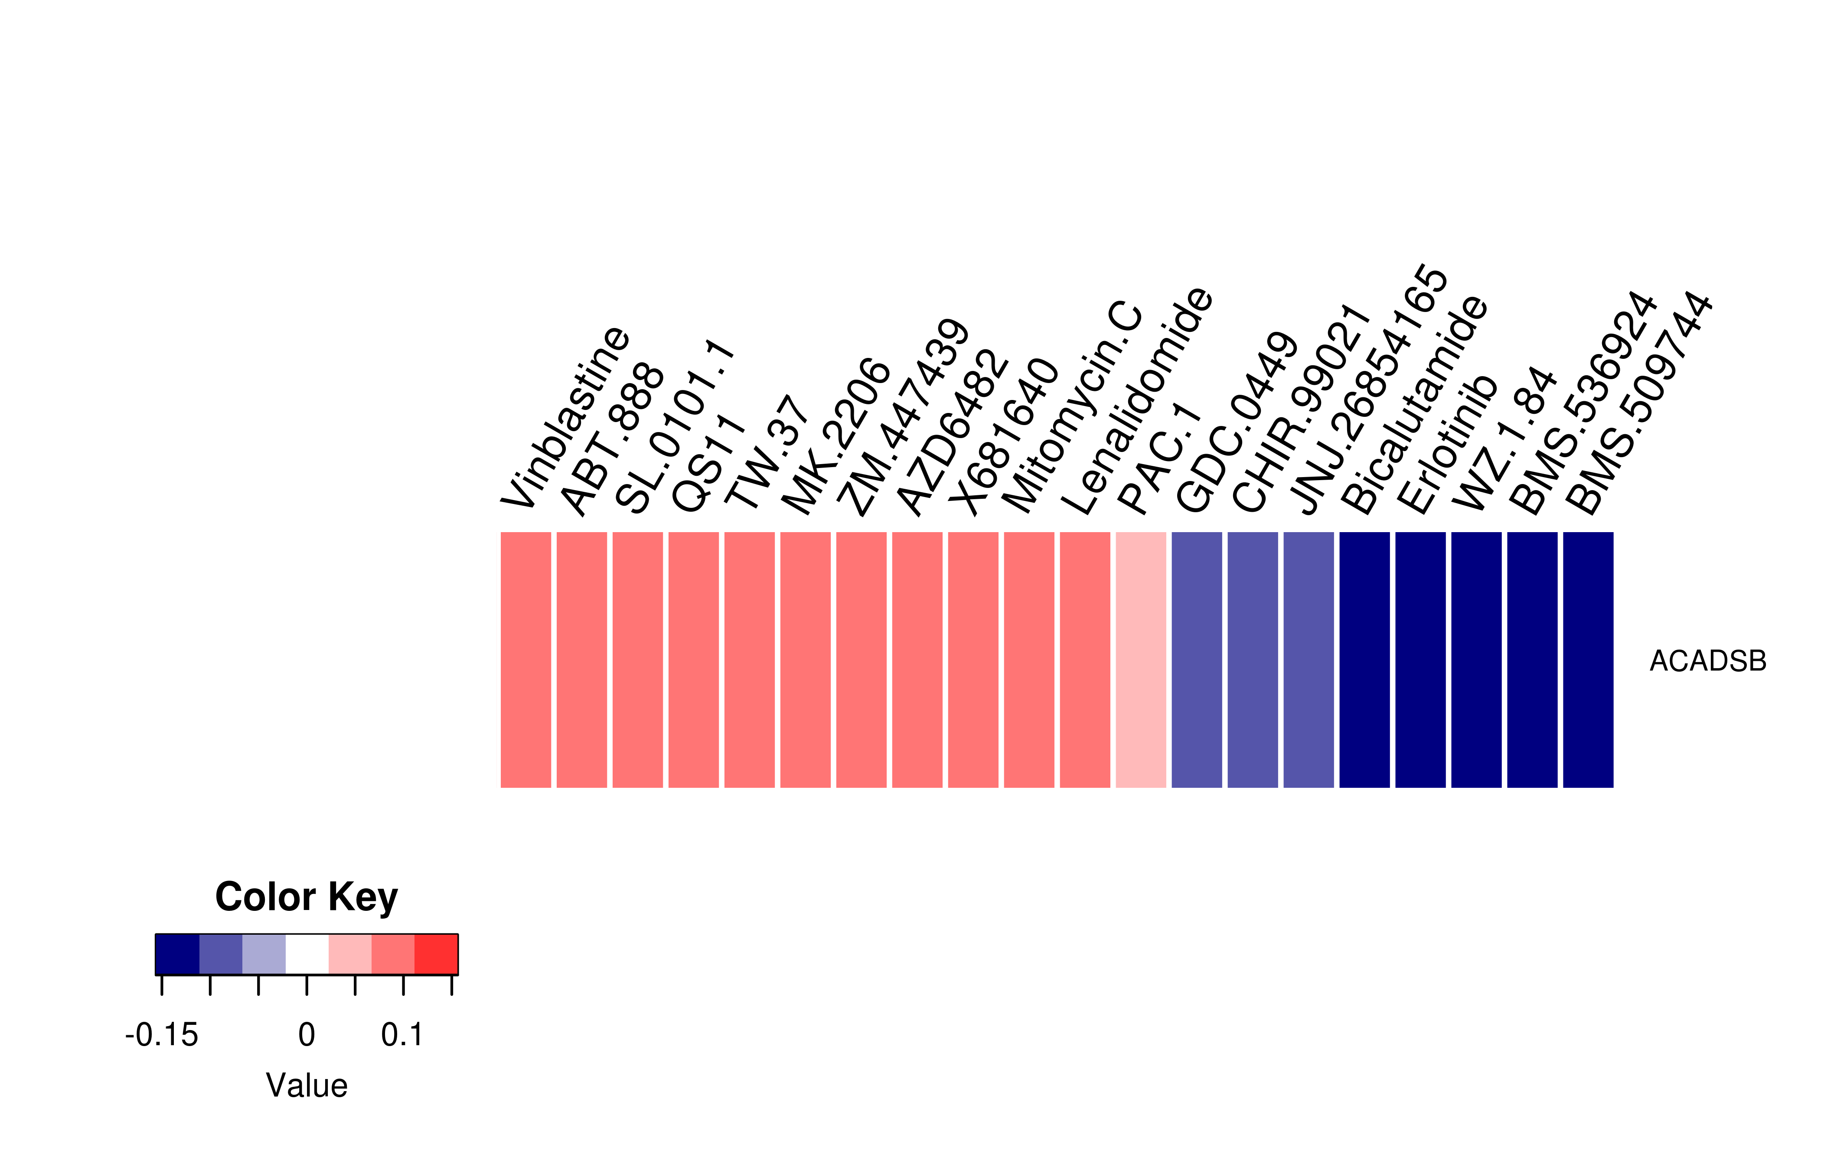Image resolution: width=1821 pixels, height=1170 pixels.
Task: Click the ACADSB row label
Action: coord(1708,661)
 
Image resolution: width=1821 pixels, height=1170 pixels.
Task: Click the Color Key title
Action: coord(306,897)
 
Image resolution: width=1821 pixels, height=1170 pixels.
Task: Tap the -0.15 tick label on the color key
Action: coord(161,1035)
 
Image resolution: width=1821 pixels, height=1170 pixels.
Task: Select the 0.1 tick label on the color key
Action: coord(402,1035)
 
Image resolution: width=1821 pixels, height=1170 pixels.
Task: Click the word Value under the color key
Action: coord(306,1085)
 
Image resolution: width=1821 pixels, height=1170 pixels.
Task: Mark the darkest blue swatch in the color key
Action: coord(177,954)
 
